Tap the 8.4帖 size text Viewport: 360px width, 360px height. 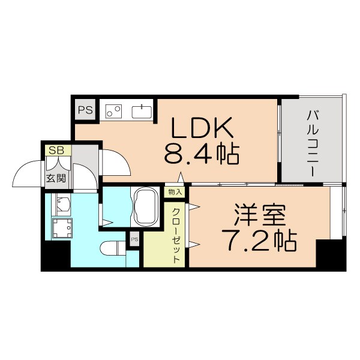click(x=202, y=155)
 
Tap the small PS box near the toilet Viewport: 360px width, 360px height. click(x=134, y=239)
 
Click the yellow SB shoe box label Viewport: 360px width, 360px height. click(x=57, y=150)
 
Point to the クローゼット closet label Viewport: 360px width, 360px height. click(x=176, y=235)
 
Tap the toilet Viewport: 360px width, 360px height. click(x=114, y=247)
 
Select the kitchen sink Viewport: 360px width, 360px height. click(x=142, y=112)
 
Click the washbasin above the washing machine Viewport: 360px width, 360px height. click(x=62, y=204)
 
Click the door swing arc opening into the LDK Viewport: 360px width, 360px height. click(x=115, y=163)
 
